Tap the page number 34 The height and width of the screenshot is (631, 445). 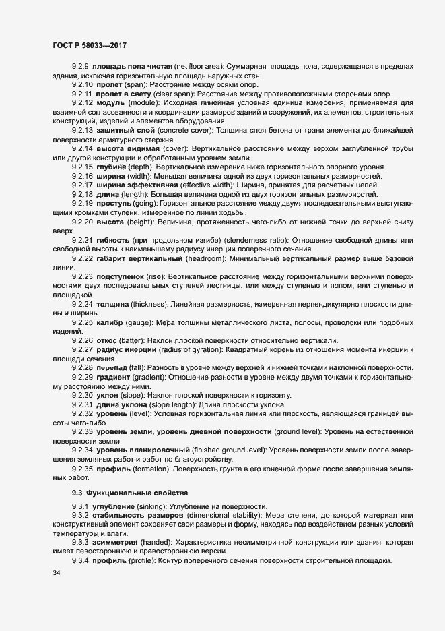pyautogui.click(x=57, y=574)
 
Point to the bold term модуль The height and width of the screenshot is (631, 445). pyautogui.click(x=109, y=101)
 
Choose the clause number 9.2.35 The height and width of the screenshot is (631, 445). pyautogui.click(x=81, y=467)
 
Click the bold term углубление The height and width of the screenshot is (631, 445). pyautogui.click(x=115, y=507)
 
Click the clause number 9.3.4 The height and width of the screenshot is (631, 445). pyautogui.click(x=79, y=562)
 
